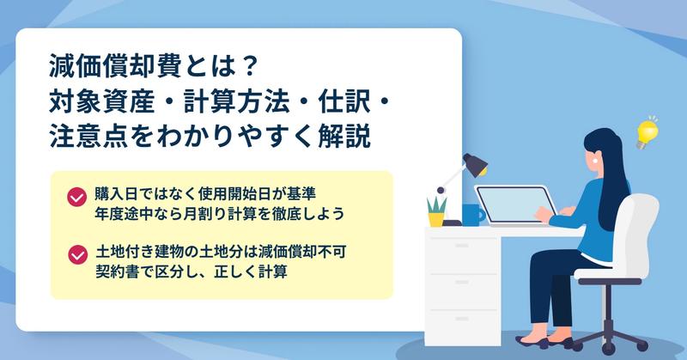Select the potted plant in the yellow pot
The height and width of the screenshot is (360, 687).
(x=436, y=211)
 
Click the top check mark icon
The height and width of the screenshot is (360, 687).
(x=76, y=198)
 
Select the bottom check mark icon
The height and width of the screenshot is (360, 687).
(x=77, y=255)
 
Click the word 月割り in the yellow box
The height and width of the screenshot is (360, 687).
(x=205, y=214)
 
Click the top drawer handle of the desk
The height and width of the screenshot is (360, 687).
(x=462, y=246)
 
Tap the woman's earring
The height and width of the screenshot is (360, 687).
(x=596, y=160)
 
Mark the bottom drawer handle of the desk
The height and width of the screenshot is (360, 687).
(x=462, y=320)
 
